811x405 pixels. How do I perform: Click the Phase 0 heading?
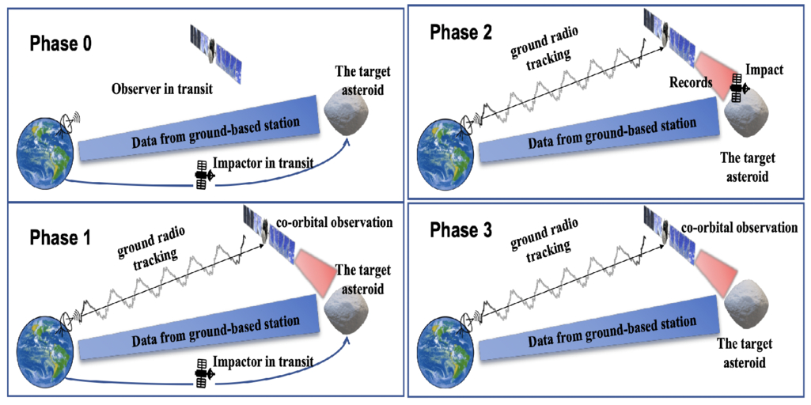coord(61,44)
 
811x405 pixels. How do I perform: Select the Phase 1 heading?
coord(60,237)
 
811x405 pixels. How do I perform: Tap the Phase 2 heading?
coord(461,32)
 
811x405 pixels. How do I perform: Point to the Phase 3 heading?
coord(462,231)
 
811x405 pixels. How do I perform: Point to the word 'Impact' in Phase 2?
coord(764,70)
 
